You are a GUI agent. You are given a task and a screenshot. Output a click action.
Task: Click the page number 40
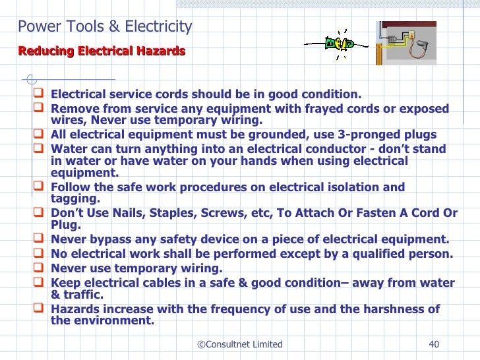click(434, 344)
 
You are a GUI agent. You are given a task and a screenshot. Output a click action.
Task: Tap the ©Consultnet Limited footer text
click(240, 344)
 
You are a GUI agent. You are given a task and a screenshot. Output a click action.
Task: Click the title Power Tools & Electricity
click(105, 27)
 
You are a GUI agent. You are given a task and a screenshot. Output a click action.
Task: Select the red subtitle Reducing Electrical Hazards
click(102, 51)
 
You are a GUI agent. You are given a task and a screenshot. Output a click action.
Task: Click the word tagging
click(75, 198)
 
